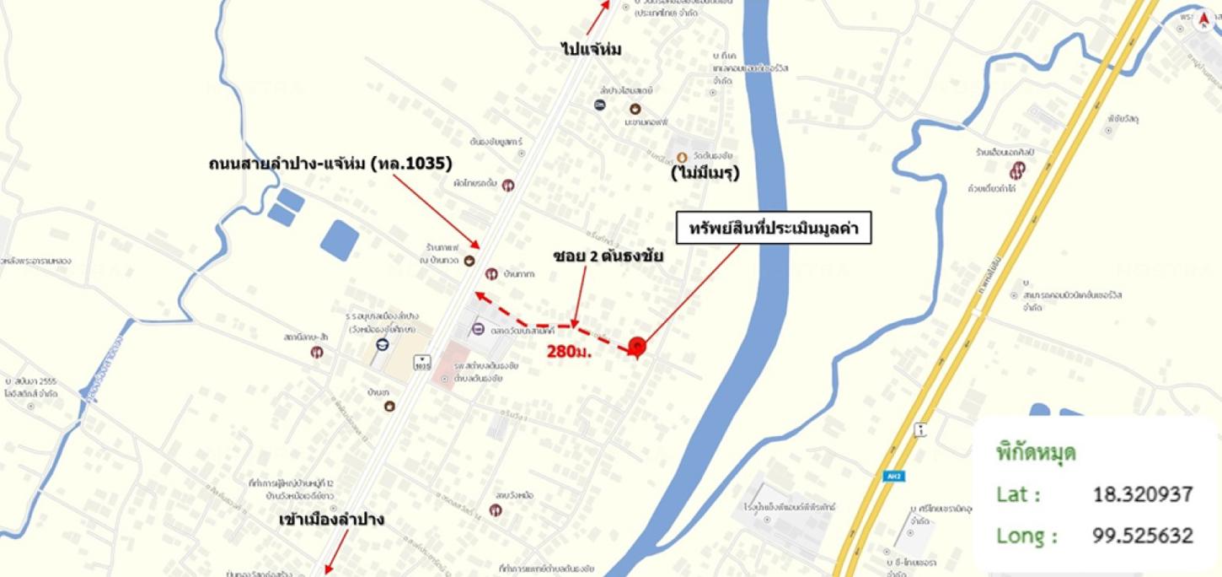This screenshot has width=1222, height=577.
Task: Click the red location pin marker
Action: click(637, 346)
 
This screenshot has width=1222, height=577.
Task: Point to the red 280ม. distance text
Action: click(570, 351)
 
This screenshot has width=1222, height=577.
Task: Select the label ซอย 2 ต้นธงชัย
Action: click(608, 256)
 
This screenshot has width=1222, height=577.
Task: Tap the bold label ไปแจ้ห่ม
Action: click(591, 50)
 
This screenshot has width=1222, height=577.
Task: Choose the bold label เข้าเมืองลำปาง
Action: click(331, 520)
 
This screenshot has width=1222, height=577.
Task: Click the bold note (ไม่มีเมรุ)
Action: click(705, 175)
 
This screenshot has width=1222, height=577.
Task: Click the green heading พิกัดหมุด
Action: click(1036, 452)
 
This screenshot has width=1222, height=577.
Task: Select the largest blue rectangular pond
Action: click(340, 240)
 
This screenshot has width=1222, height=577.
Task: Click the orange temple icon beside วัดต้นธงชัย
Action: click(682, 157)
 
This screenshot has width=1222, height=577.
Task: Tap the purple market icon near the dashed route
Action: click(478, 329)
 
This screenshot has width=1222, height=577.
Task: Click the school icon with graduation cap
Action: click(382, 345)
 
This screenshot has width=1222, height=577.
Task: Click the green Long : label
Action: click(1026, 535)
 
